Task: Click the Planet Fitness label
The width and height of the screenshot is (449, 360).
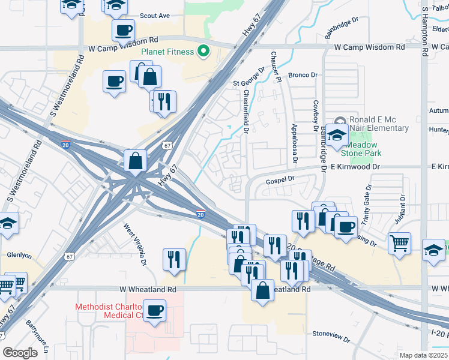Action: tap(167, 52)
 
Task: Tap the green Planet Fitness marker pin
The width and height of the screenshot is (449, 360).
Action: tap(203, 52)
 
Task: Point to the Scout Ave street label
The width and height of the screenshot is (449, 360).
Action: tap(155, 16)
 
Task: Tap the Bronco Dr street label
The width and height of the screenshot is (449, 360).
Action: tap(302, 75)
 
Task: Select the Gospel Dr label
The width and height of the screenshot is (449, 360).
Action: tap(280, 179)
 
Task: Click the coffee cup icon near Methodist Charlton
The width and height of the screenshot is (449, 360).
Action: tap(155, 311)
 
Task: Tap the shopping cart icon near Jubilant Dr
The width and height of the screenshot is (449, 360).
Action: tap(399, 244)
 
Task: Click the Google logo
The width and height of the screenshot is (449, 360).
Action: tap(20, 353)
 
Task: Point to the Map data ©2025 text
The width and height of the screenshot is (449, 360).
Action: tap(424, 355)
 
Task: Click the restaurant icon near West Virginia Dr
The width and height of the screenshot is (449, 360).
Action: tap(174, 260)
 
